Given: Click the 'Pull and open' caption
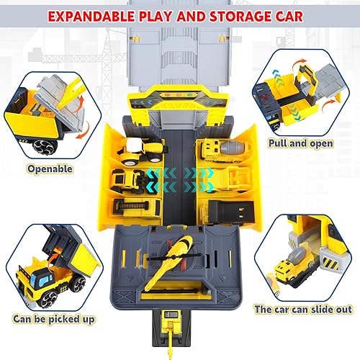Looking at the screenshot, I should (310, 143).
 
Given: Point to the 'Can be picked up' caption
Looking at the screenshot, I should (50, 317).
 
